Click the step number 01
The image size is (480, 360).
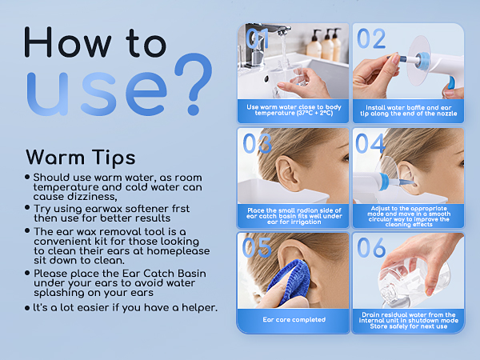257,38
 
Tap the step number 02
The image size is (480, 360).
371,38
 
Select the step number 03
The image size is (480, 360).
257,143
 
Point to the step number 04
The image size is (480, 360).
370,143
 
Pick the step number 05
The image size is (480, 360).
257,247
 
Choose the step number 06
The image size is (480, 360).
371,247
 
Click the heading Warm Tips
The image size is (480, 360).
81,158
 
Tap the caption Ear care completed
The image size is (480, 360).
294,319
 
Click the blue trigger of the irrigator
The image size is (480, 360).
451,82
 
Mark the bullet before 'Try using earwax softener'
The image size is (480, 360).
27,207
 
